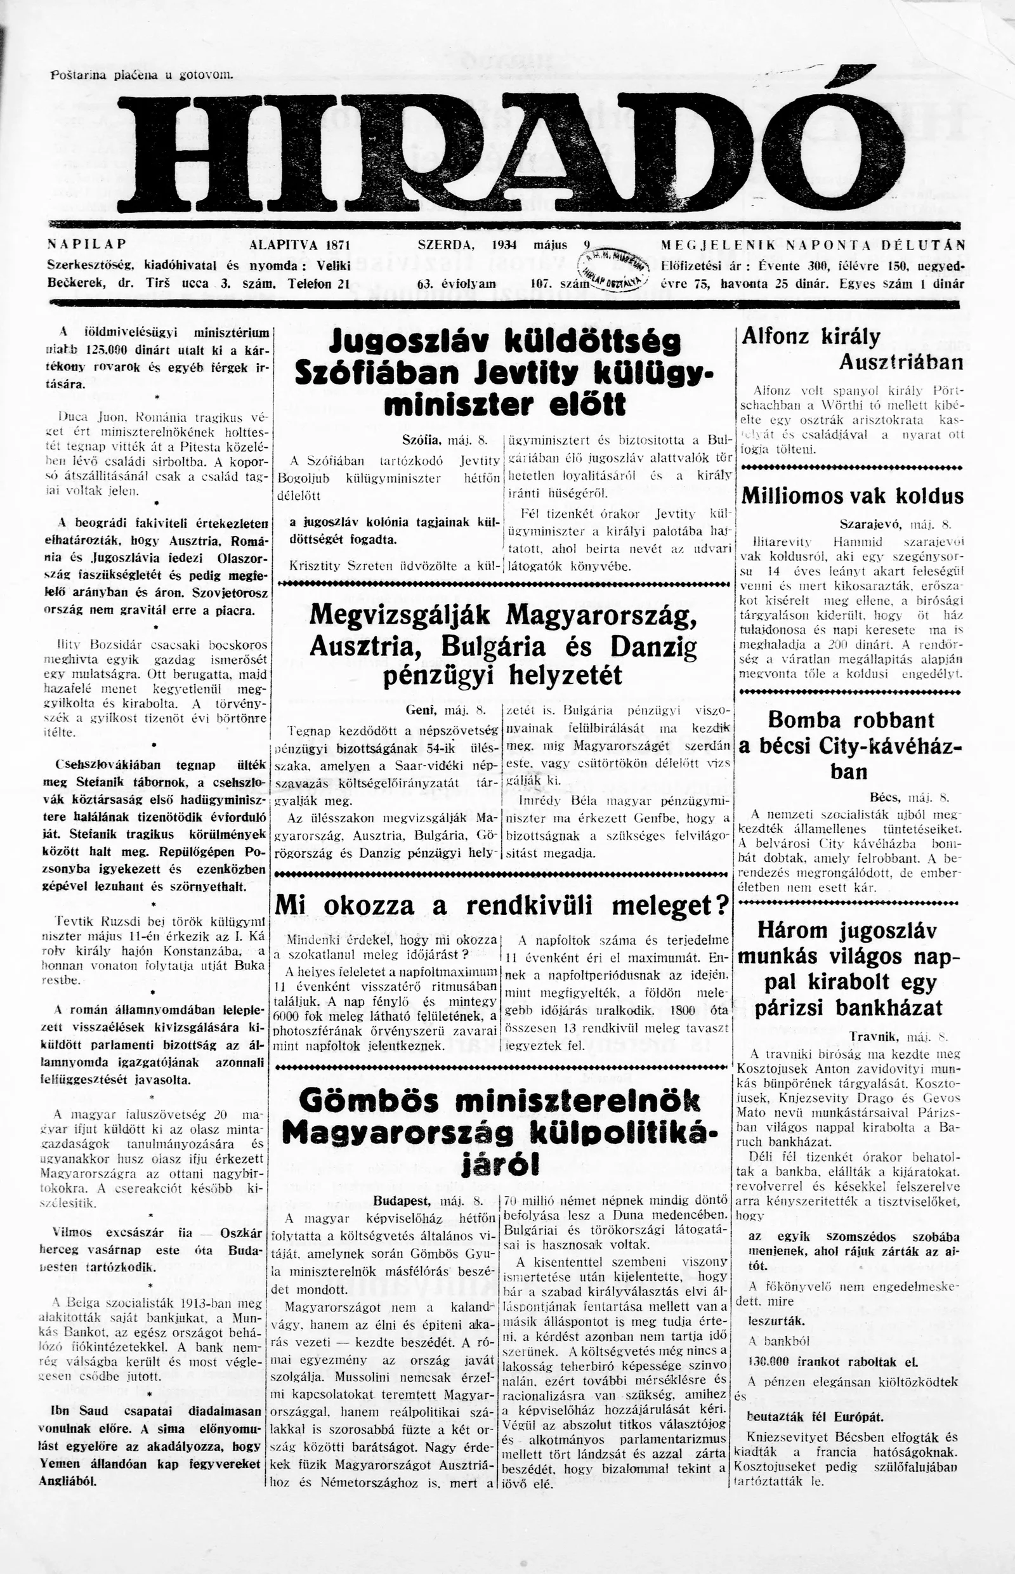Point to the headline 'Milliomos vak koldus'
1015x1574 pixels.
tap(853, 495)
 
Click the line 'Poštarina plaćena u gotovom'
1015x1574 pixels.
tap(142, 75)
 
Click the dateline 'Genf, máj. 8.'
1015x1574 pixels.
tap(446, 711)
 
